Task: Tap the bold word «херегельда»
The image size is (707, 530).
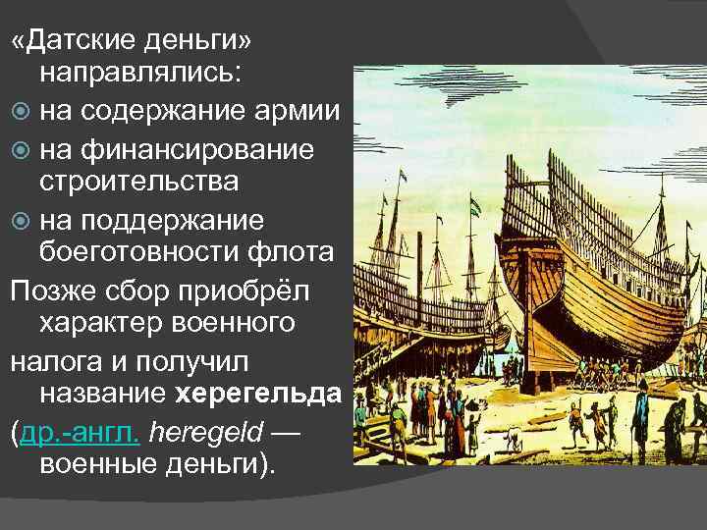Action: point(258,393)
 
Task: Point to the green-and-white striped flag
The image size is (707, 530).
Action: point(475,207)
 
